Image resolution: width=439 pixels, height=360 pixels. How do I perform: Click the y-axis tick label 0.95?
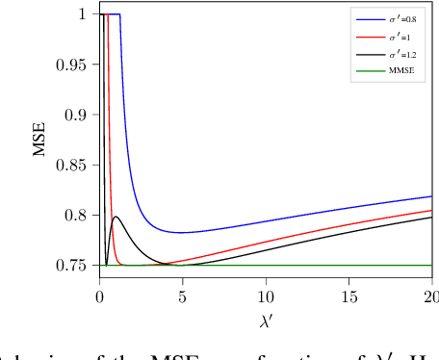[75, 64]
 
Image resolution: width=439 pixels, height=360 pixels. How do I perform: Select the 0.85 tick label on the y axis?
[75, 165]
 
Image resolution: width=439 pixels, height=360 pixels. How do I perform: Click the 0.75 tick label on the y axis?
[75, 265]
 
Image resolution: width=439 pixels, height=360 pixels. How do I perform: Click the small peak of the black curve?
[116, 217]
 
